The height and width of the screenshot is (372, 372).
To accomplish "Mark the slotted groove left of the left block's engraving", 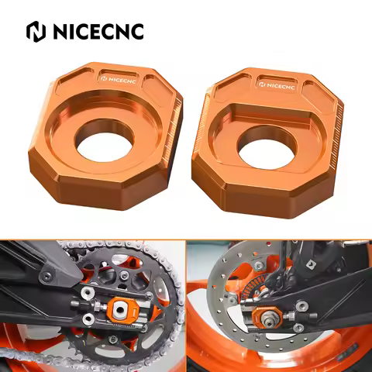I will [84, 77].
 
